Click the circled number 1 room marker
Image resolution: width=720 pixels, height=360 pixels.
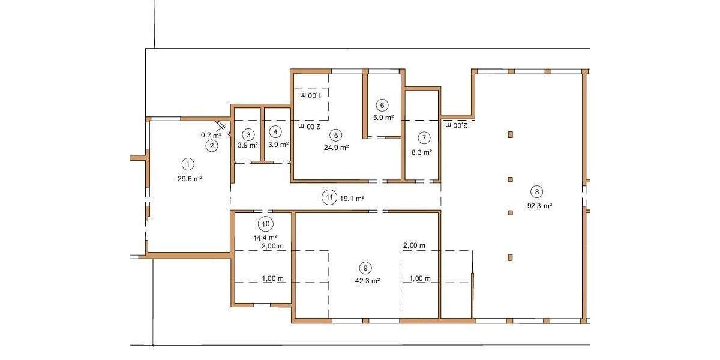click(x=188, y=163)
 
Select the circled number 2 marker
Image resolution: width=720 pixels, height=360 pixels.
click(x=212, y=145)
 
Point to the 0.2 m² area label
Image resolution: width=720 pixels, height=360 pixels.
click(x=211, y=135)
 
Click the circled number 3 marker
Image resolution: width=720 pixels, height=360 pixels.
click(x=248, y=134)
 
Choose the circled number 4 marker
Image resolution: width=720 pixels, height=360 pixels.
click(x=275, y=131)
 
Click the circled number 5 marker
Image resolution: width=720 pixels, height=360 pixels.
click(x=336, y=135)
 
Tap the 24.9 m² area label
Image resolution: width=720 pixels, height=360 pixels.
click(x=336, y=146)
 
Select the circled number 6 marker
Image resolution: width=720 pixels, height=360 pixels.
click(x=383, y=105)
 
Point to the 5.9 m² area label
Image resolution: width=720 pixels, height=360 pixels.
click(x=383, y=118)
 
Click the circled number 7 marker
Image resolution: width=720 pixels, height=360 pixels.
click(x=424, y=137)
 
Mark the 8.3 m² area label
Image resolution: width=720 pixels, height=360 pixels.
click(x=422, y=152)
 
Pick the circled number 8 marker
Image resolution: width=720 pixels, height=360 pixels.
click(x=537, y=192)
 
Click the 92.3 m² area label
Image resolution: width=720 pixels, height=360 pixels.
click(x=539, y=205)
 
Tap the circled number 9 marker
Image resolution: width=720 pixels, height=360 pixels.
click(x=364, y=268)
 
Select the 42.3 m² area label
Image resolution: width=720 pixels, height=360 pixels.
click(x=367, y=280)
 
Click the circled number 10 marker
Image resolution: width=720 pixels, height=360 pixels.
click(x=266, y=224)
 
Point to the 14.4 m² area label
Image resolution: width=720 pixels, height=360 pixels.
click(x=265, y=238)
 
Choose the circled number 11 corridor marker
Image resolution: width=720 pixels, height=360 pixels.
click(x=329, y=197)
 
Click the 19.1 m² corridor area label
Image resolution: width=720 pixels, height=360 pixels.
click(x=353, y=197)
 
